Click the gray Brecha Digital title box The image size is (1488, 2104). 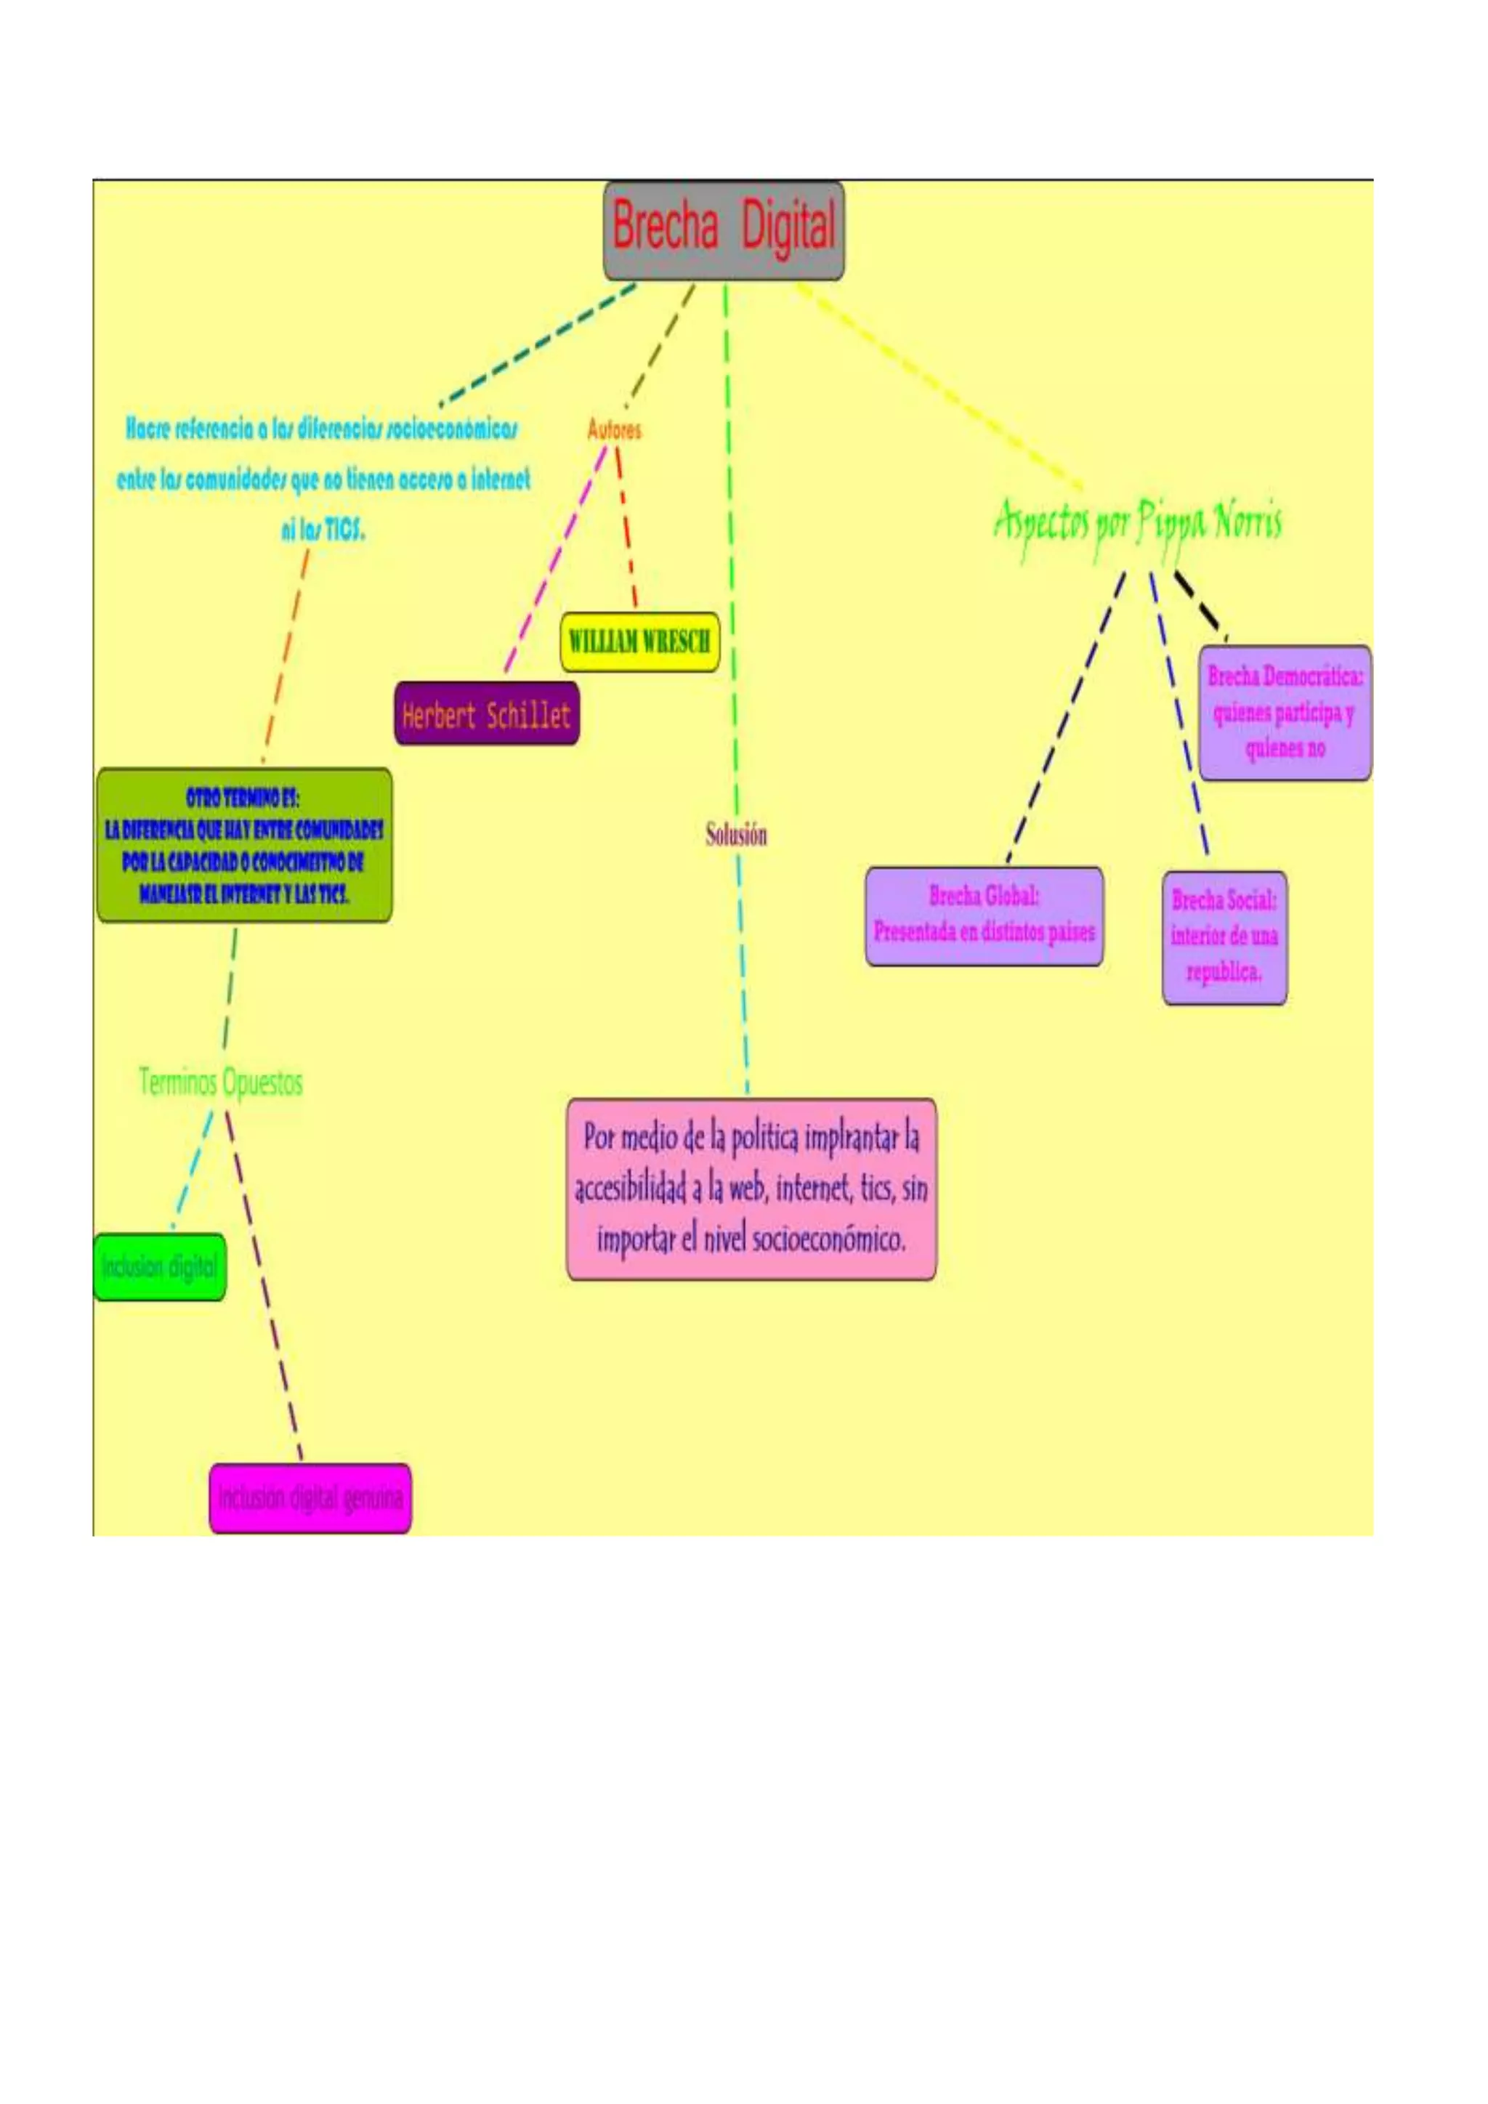tap(723, 230)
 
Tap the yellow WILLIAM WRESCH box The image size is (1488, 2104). tap(639, 642)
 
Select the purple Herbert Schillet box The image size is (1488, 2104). tap(487, 714)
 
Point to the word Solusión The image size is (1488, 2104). tap(736, 835)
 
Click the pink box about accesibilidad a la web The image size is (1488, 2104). tap(751, 1189)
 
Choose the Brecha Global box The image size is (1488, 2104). tap(984, 915)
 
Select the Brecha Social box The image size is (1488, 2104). tap(1224, 936)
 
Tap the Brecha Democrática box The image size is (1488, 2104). tap(1285, 713)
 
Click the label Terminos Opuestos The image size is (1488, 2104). tap(220, 1083)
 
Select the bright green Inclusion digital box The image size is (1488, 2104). tap(159, 1266)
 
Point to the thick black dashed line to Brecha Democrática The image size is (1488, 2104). tap(1200, 604)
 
